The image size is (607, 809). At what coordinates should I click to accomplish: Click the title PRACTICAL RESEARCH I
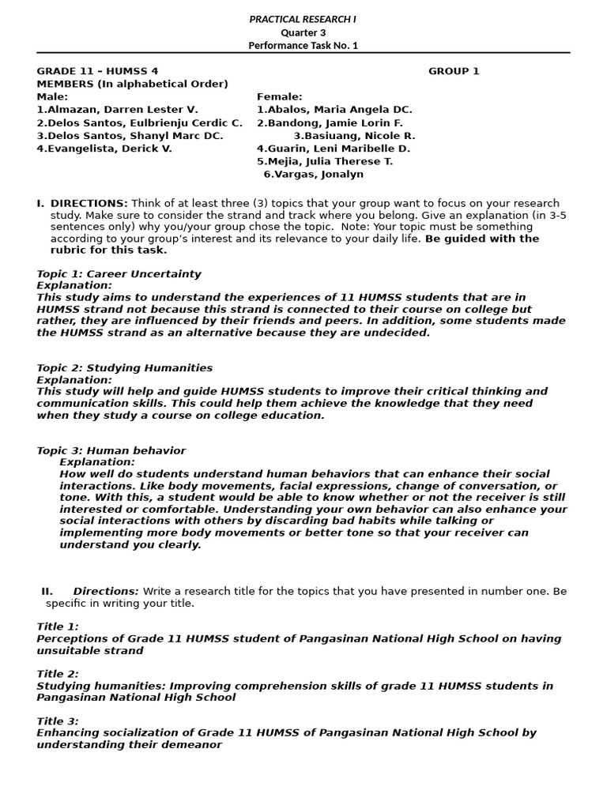click(x=303, y=19)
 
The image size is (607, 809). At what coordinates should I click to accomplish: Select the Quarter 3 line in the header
click(x=303, y=32)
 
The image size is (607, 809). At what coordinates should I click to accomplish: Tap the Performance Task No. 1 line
click(x=303, y=45)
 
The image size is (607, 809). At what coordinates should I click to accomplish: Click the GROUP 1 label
click(x=454, y=71)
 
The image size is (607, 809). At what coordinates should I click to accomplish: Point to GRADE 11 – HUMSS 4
click(x=97, y=71)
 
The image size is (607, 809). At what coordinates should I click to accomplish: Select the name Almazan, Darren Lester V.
click(x=117, y=110)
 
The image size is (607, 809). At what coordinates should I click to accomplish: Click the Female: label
click(x=279, y=97)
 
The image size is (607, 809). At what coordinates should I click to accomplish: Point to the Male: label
click(x=52, y=97)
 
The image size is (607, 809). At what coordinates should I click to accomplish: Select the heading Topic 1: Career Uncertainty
click(x=119, y=274)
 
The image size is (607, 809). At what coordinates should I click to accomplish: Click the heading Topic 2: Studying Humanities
click(x=124, y=368)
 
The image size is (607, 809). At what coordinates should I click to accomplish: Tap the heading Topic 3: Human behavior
click(x=111, y=450)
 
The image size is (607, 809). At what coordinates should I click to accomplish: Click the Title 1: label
click(x=58, y=627)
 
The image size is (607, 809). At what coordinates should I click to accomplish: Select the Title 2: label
click(x=58, y=674)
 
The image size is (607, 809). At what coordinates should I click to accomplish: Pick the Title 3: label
click(x=58, y=721)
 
